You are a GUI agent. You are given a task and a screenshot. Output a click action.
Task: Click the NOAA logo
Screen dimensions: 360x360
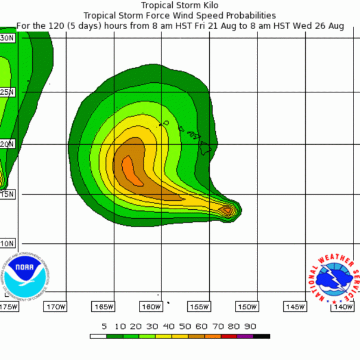(x=25, y=275)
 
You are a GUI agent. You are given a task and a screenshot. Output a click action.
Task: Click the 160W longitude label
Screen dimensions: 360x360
(x=151, y=307)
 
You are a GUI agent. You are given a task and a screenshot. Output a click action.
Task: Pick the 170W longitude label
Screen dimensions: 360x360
(x=55, y=307)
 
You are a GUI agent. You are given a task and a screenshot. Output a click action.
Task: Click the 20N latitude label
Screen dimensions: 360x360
(x=7, y=144)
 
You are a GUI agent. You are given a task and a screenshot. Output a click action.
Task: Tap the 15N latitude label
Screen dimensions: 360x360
(x=7, y=194)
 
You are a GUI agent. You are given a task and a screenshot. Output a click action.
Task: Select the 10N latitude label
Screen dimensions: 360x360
(x=7, y=244)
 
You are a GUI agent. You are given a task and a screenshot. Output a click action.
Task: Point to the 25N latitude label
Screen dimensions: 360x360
(x=7, y=92)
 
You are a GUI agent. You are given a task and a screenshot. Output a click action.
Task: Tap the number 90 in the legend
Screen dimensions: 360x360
(x=250, y=327)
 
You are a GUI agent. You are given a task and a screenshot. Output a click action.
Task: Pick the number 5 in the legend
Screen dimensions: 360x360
(x=104, y=327)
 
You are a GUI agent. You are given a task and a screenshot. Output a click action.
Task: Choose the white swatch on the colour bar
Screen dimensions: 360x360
(x=98, y=337)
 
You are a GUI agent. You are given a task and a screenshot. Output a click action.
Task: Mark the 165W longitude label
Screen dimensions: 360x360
(x=104, y=307)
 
